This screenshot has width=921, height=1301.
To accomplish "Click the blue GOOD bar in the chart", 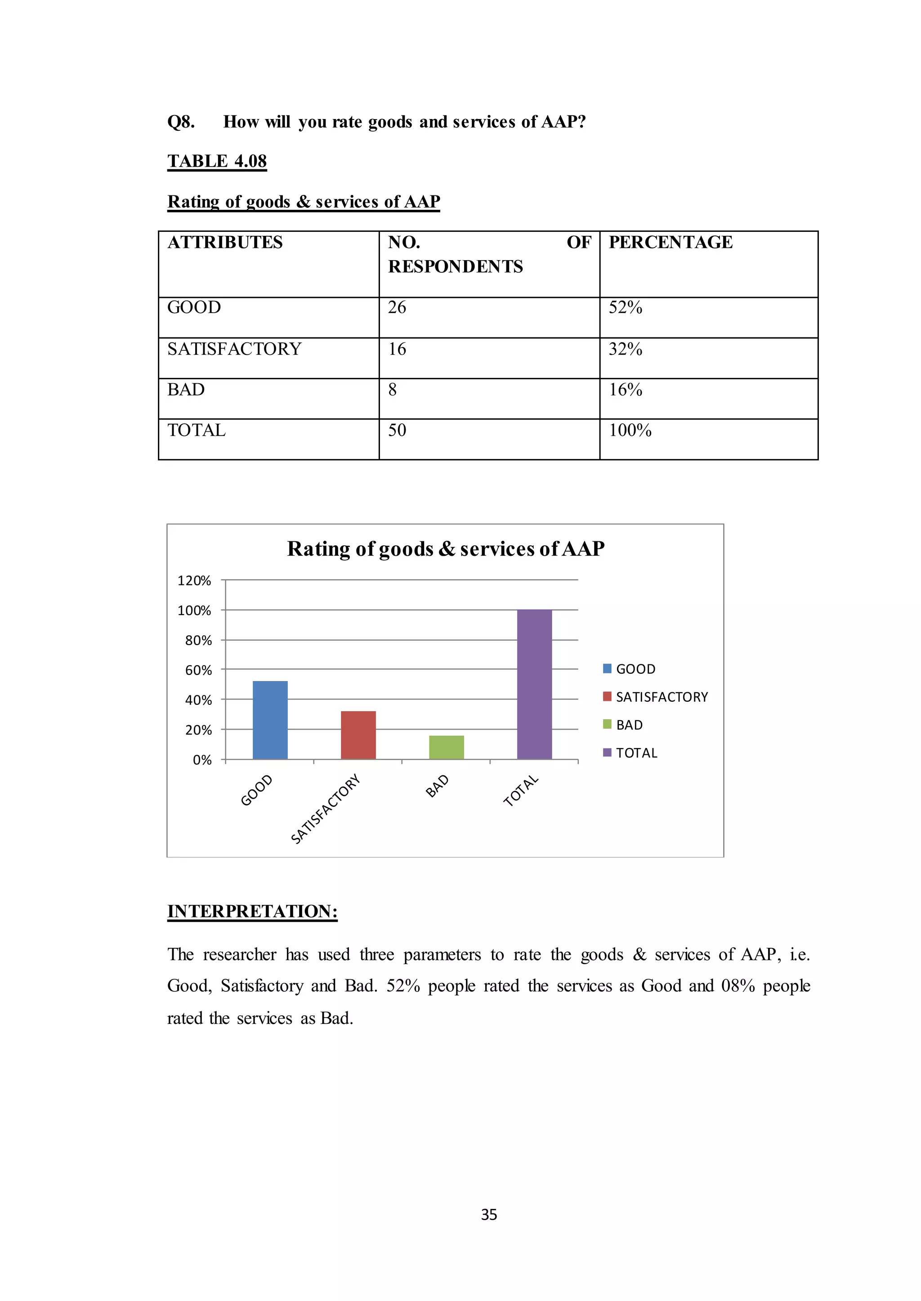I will (270, 720).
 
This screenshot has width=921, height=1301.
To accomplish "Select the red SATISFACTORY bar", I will (358, 735).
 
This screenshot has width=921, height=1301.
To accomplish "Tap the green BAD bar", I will (446, 748).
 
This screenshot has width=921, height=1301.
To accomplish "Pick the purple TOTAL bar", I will (534, 685).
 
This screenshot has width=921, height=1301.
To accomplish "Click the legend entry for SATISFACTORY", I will (656, 697).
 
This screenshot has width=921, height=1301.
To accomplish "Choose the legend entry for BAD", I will (623, 725).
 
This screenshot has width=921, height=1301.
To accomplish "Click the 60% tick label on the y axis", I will (198, 670).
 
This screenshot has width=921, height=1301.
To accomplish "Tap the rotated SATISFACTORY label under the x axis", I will (326, 809).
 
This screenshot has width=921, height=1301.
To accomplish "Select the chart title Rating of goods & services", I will (445, 549).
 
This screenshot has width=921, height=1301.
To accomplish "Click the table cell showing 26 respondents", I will (397, 307).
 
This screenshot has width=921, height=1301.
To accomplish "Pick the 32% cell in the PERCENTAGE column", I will (625, 349).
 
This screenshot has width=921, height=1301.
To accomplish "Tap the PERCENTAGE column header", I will (671, 243).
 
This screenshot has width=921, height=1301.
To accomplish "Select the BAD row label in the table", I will (186, 390).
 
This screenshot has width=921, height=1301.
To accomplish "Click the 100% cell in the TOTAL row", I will (630, 431).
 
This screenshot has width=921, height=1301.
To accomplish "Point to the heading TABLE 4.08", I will (217, 161).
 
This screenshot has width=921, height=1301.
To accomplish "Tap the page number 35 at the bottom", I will (489, 1214).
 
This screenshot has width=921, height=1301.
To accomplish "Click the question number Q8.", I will (181, 122).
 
